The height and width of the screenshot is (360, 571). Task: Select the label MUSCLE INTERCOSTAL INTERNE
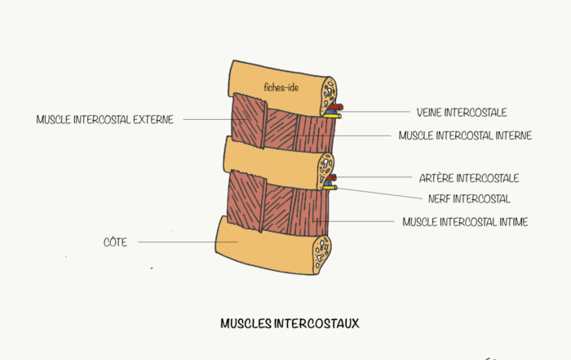point(465,136)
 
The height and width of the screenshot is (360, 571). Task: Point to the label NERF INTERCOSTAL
point(469,198)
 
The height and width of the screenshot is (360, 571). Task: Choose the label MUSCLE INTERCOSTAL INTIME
point(465,221)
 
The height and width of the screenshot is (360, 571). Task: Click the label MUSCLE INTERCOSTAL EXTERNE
point(105,119)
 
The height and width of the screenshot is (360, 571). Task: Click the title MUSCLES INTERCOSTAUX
point(290,323)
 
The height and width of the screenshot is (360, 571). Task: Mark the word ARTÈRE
point(436,177)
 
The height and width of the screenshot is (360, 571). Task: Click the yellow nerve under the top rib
point(332,116)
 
